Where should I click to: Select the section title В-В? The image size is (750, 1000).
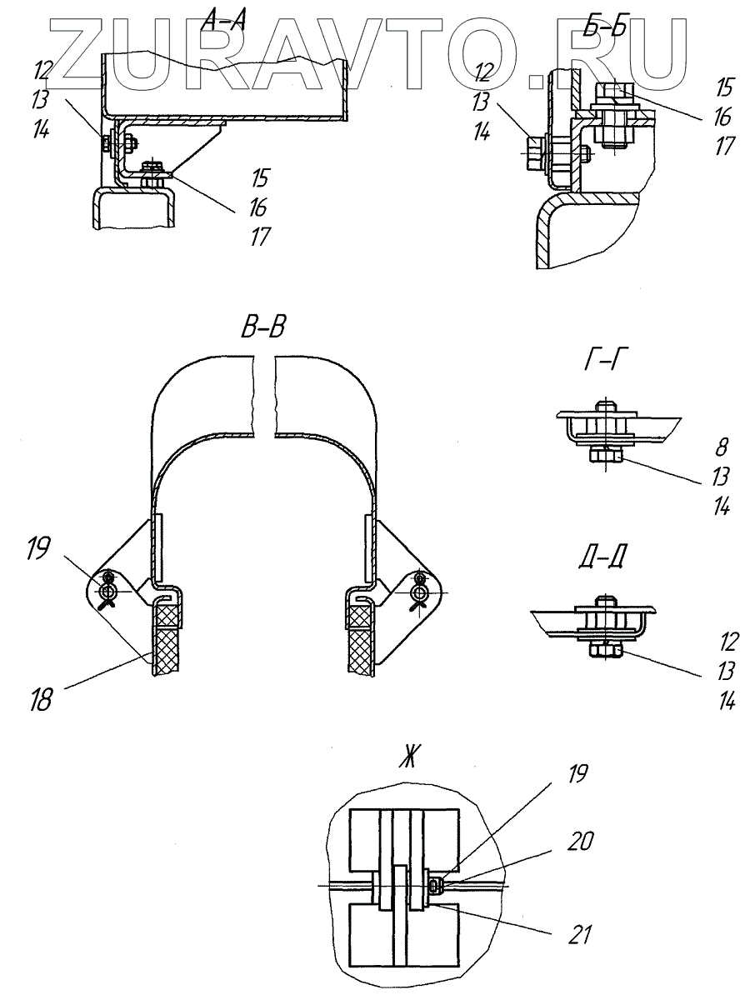click(263, 327)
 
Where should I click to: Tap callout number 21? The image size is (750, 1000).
click(577, 935)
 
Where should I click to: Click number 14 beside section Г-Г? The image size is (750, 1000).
click(722, 506)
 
